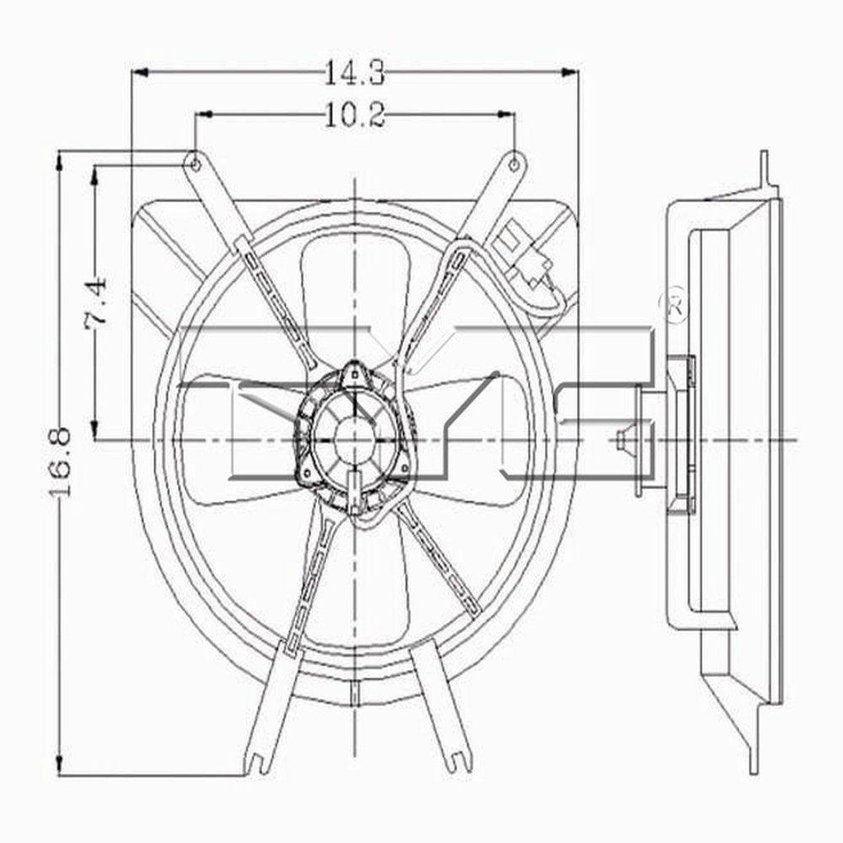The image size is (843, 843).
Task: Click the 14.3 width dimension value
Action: click(354, 74)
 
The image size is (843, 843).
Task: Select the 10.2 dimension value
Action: click(354, 115)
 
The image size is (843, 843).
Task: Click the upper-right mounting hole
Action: click(513, 163)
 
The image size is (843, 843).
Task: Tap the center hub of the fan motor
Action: click(353, 438)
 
